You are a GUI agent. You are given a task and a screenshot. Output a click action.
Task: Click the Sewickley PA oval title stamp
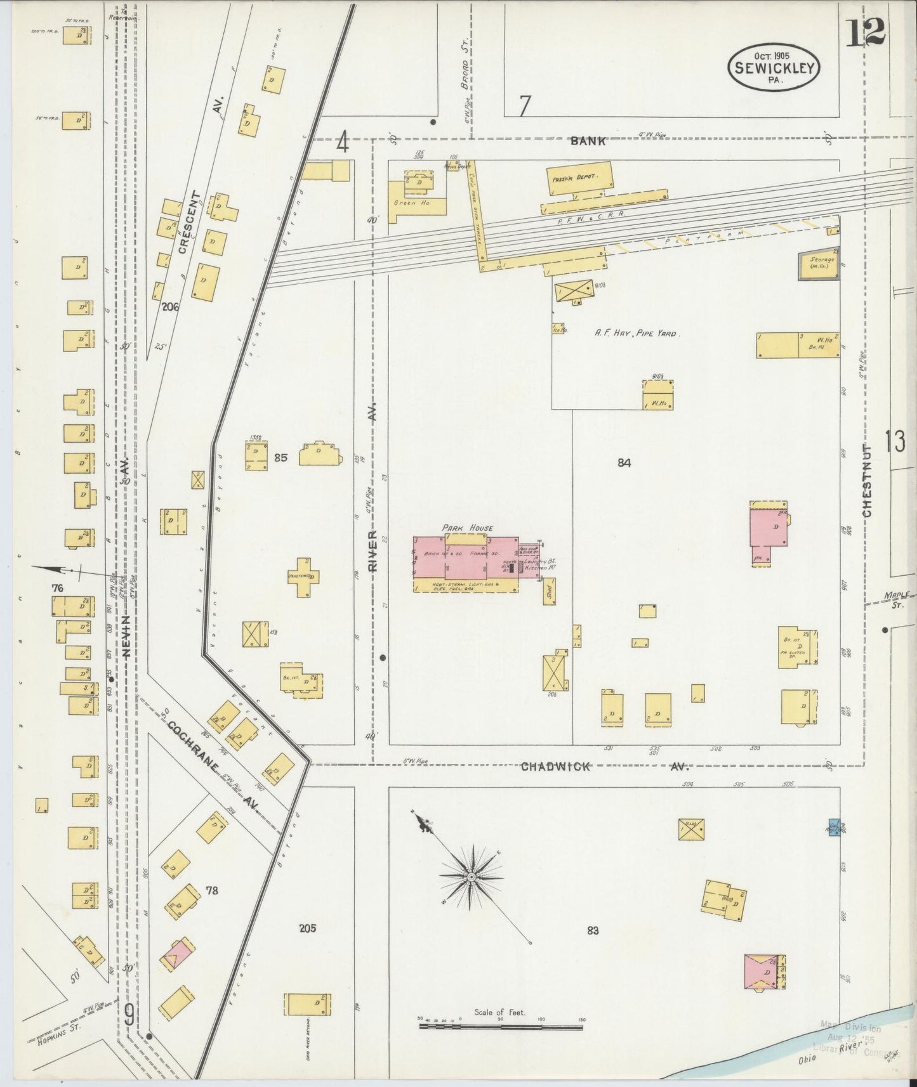tap(774, 68)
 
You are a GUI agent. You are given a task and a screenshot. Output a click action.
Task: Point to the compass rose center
tap(472, 877)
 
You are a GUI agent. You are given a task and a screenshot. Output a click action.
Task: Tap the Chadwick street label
tap(555, 767)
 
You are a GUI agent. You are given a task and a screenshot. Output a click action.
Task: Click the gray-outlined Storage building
tap(819, 263)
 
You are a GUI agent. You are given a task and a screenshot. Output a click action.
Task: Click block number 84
tap(624, 463)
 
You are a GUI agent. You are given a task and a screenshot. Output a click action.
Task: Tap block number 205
tap(308, 928)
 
